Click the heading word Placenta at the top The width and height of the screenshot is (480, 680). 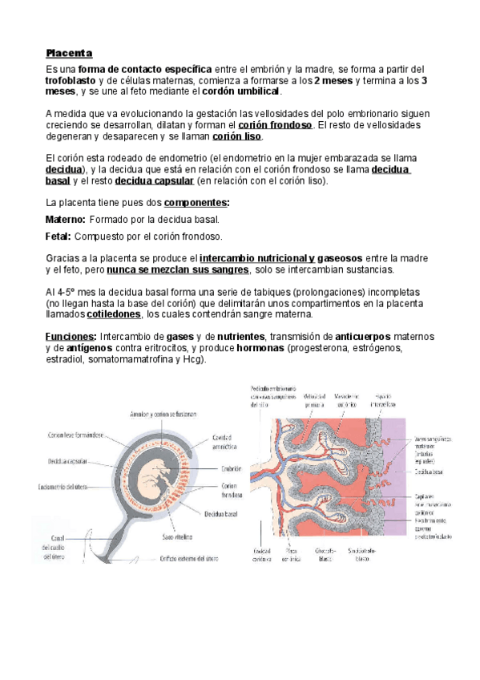pyautogui.click(x=69, y=54)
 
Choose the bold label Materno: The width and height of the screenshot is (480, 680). pyautogui.click(x=66, y=219)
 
